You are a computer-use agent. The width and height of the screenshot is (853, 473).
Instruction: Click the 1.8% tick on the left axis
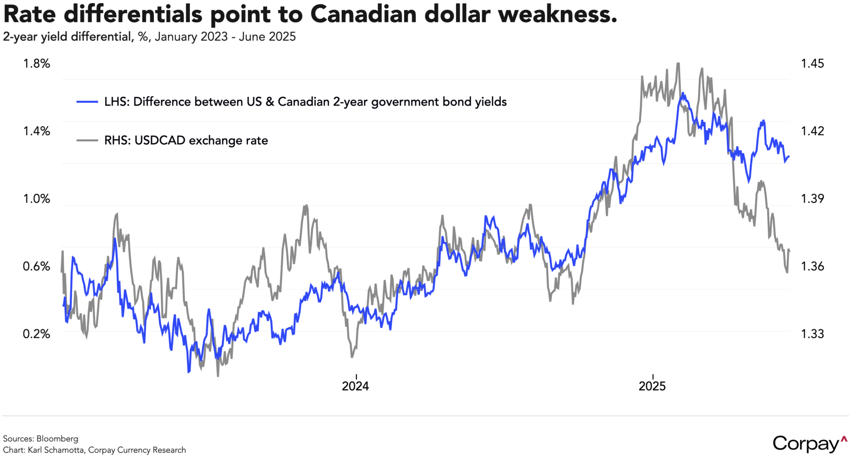(36, 64)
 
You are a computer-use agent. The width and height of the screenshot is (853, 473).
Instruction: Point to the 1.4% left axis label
(36, 131)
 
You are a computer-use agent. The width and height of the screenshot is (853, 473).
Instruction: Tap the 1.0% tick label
(36, 199)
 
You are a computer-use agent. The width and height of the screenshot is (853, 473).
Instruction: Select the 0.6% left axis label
(36, 266)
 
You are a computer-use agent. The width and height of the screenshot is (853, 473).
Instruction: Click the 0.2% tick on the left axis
(36, 334)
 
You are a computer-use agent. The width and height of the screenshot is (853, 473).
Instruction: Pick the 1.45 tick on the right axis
(812, 64)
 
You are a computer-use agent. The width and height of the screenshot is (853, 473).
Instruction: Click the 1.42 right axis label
(812, 131)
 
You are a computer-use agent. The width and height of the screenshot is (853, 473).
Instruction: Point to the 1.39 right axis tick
(812, 199)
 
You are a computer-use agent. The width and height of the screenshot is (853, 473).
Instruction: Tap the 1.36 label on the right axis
(812, 266)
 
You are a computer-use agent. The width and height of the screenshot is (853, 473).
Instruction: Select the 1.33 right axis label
(812, 334)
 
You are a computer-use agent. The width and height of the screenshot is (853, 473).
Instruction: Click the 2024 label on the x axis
(355, 386)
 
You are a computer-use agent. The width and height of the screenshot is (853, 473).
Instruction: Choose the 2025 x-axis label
(652, 386)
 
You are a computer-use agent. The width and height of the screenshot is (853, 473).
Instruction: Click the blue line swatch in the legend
(87, 102)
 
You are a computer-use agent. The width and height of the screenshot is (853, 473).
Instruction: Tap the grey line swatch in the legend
(87, 140)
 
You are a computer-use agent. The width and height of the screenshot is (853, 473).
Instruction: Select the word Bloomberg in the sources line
(57, 438)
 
